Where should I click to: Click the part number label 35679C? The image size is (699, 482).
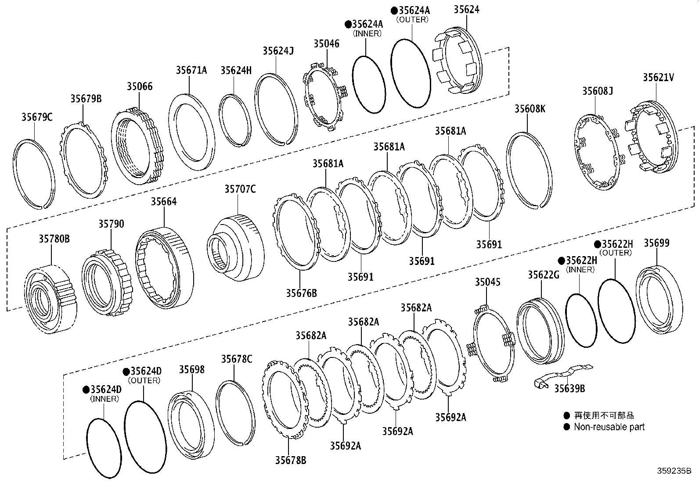point(37,117)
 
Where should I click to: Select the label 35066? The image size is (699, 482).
point(140,86)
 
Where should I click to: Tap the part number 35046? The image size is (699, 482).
point(326,43)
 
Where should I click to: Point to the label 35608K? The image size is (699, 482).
point(530,109)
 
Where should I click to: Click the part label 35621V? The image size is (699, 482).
point(658,78)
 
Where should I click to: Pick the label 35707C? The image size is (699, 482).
point(240,189)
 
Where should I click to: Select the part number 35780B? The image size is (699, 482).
point(54,239)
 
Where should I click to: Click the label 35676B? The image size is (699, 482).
point(301,293)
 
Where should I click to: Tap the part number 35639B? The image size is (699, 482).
point(569,388)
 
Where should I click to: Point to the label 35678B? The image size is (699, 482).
point(291,460)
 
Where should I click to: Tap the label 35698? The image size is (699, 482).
point(191,369)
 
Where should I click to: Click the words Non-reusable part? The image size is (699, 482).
point(609,426)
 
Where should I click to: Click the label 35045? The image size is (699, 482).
point(487,282)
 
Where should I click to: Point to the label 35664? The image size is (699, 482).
point(164,201)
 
